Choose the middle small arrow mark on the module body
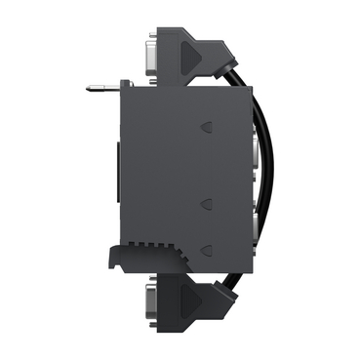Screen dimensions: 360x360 tap(207, 203)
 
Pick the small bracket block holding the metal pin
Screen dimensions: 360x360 tap(122, 89)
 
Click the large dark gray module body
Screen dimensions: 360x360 tap(166, 166)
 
